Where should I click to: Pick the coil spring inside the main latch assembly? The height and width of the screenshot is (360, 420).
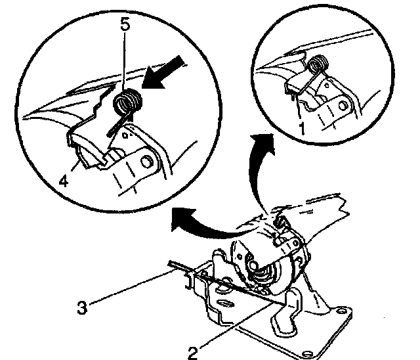262,271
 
